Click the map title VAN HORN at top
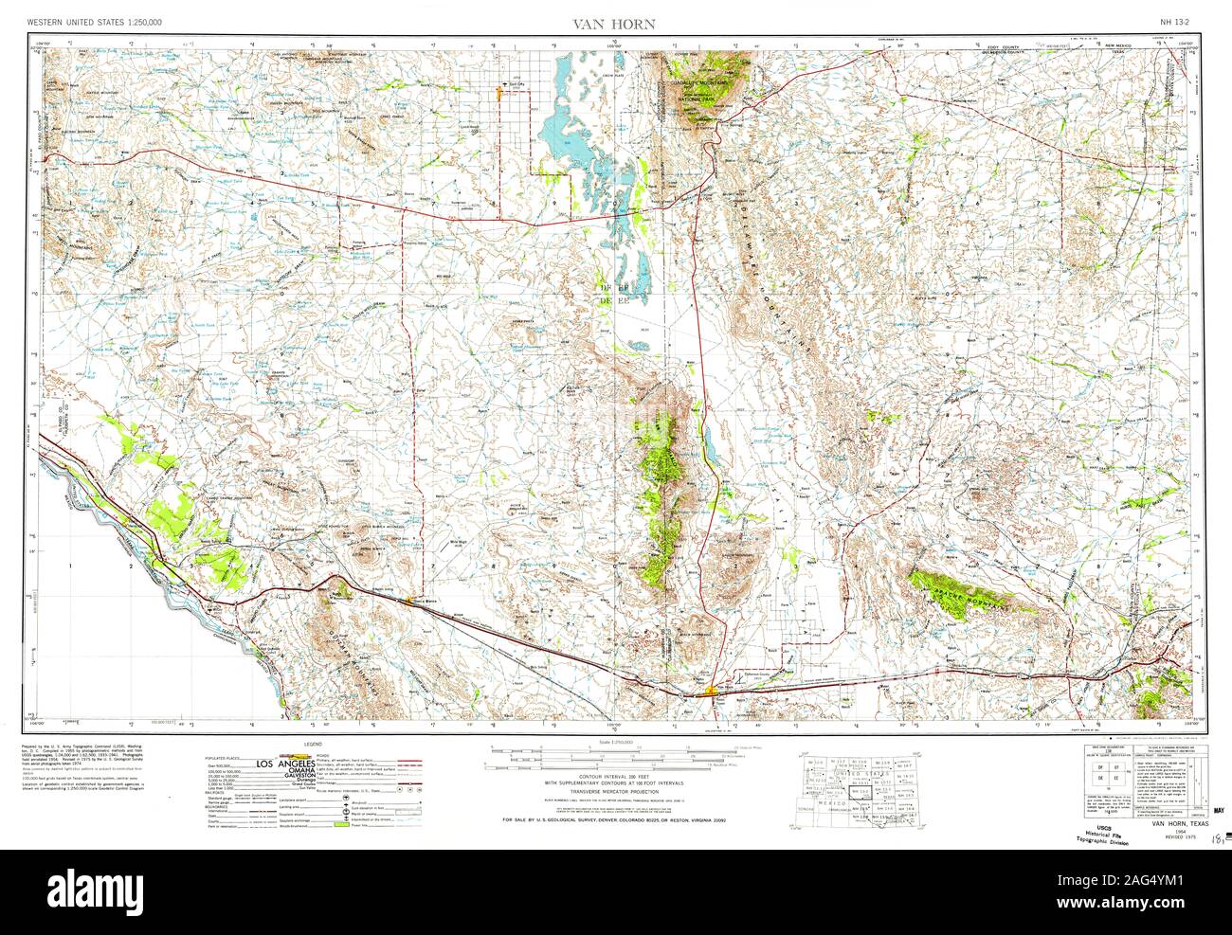point(616,23)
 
